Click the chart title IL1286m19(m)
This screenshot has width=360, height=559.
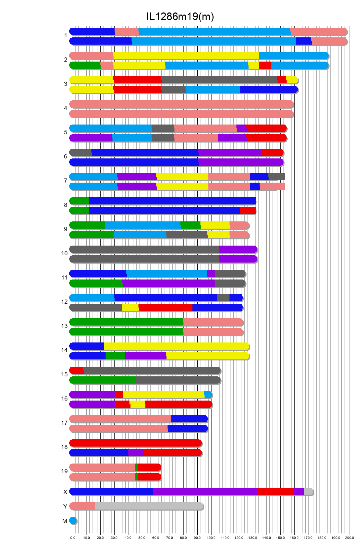click(x=180, y=16)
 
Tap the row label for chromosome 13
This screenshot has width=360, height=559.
click(x=64, y=326)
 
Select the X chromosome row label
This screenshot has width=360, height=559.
click(x=65, y=492)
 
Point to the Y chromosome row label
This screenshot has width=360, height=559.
click(x=65, y=506)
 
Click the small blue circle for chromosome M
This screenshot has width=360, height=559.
click(x=73, y=521)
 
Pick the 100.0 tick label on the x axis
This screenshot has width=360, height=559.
click(x=211, y=538)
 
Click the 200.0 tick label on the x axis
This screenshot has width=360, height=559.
click(x=350, y=538)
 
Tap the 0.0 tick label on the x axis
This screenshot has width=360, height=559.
click(x=73, y=538)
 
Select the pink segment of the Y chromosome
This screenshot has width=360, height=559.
click(x=82, y=506)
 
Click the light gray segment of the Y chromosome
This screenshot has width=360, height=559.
click(x=149, y=506)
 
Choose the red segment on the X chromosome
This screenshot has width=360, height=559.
click(x=276, y=492)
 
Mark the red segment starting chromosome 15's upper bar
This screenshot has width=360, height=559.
click(x=76, y=370)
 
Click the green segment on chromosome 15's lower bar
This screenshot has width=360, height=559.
click(x=103, y=380)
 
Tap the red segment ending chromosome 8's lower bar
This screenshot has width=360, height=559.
click(x=248, y=210)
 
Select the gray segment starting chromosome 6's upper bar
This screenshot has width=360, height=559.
click(x=81, y=152)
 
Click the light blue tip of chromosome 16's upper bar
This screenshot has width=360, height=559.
click(x=208, y=395)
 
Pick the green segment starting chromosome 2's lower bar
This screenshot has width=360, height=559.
click(x=85, y=65)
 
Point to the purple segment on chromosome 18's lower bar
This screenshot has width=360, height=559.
click(x=136, y=452)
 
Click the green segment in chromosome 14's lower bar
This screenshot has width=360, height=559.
click(x=115, y=356)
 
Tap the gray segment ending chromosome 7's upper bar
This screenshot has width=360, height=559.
click(x=277, y=176)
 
